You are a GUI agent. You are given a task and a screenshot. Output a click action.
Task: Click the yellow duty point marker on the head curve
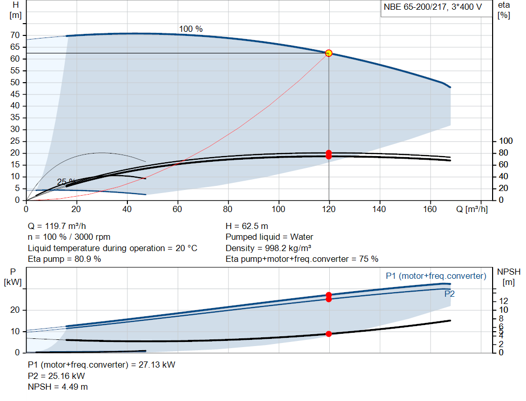[329, 53]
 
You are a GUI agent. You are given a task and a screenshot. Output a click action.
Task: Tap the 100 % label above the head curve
[191, 29]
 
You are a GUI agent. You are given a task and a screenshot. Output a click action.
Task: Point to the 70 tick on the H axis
[15, 35]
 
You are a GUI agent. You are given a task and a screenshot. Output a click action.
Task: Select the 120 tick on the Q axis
[329, 209]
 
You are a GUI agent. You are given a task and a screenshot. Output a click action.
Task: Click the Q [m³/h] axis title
[472, 209]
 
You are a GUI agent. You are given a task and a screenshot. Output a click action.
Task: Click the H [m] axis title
[15, 10]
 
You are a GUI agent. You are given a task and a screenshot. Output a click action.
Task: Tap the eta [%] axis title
[504, 10]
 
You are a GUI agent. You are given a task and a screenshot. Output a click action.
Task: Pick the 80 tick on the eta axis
[503, 153]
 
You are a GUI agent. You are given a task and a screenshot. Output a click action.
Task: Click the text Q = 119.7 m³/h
[57, 226]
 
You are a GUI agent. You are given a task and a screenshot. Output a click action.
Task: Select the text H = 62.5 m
[247, 226]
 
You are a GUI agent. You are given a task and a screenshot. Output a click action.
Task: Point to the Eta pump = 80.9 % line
[64, 259]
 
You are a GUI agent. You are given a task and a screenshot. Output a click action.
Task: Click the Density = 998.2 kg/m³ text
[268, 248]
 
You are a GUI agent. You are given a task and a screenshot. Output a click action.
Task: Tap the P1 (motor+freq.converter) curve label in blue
[436, 276]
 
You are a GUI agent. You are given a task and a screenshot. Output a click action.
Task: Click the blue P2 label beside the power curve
[449, 294]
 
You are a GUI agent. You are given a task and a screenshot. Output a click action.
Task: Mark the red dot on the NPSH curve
[329, 334]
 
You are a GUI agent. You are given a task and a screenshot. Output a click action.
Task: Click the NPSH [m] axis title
[509, 277]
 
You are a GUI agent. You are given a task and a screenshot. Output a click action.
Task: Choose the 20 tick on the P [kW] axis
[15, 310]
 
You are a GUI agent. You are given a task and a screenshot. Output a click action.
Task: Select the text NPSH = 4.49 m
[58, 387]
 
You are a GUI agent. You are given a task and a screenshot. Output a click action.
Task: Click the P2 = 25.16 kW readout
[57, 376]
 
